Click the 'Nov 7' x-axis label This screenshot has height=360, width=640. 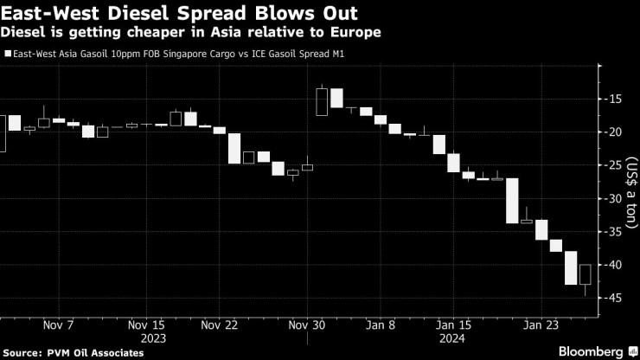[58, 325]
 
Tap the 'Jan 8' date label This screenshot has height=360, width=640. [381, 325]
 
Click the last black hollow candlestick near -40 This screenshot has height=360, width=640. [586, 275]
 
